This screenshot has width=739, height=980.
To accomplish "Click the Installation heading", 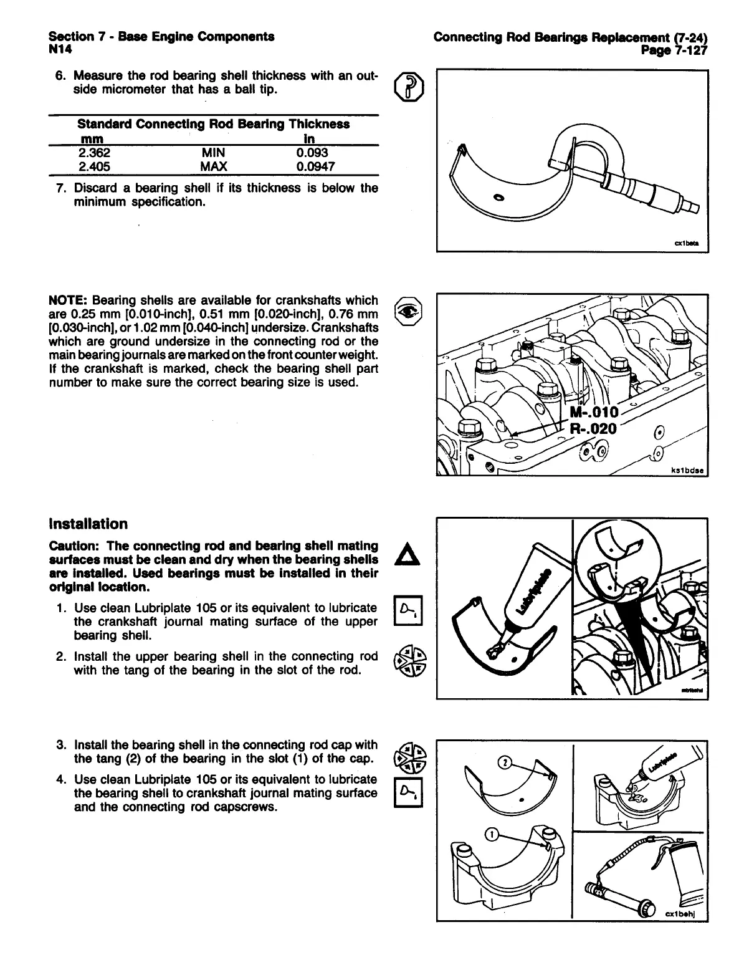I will point(88,524).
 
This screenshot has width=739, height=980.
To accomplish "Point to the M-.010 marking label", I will point(594,412).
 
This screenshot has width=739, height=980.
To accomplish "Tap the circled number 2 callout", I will point(506,763).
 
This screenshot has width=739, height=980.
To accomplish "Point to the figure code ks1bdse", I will point(687,471).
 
